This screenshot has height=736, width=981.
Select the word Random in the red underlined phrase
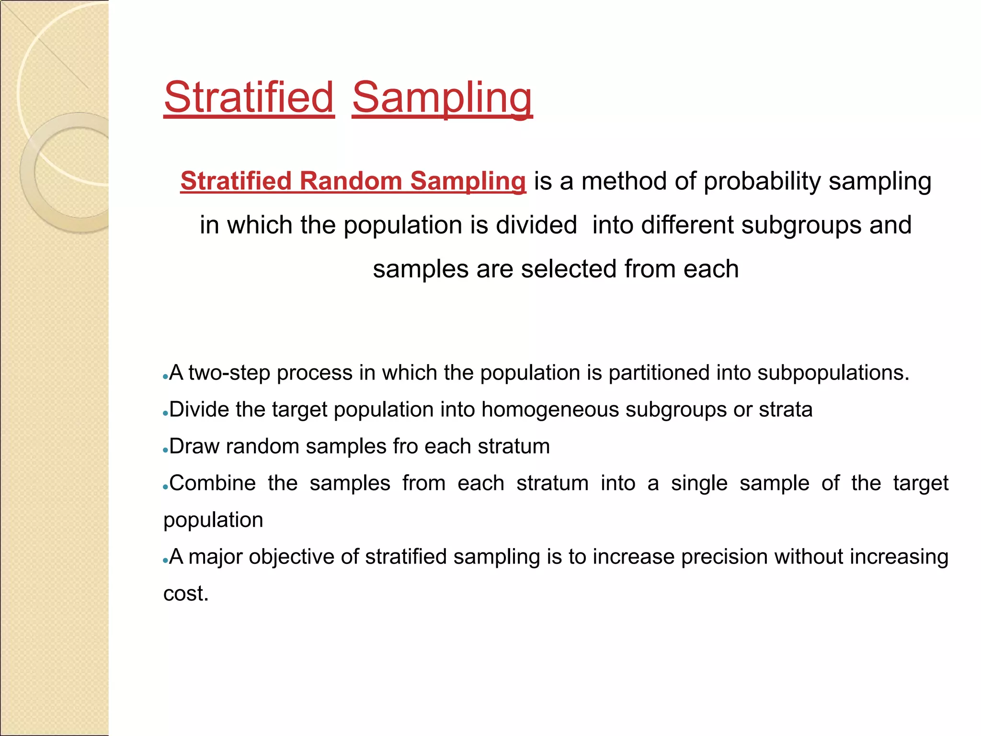(x=351, y=181)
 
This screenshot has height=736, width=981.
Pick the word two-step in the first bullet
(x=229, y=373)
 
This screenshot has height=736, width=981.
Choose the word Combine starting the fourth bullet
(x=212, y=483)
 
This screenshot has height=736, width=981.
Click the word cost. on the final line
(x=186, y=594)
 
